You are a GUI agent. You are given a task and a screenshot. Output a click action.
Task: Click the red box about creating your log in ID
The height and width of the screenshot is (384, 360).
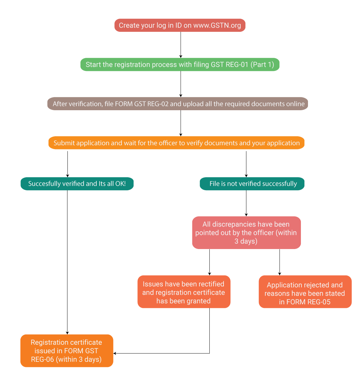180,25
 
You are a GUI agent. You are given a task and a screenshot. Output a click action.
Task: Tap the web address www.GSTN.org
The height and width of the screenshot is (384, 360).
217,26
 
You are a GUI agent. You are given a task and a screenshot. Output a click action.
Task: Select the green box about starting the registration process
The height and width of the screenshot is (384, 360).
180,65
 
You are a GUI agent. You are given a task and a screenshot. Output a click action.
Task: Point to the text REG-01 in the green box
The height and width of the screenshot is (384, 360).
237,65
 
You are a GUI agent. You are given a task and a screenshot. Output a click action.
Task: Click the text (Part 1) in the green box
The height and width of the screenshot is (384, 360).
262,65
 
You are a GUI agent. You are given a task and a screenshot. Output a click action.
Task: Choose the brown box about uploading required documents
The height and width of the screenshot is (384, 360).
178,104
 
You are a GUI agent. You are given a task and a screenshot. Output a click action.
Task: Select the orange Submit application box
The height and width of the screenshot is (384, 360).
176,143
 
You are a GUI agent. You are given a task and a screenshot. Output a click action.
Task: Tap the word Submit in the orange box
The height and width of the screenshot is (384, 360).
64,143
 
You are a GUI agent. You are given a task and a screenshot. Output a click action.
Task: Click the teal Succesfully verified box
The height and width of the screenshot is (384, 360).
77,184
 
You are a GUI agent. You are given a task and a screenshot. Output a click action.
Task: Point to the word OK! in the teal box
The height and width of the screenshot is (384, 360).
120,184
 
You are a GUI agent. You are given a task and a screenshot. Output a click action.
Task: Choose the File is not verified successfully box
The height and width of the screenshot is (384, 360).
252,184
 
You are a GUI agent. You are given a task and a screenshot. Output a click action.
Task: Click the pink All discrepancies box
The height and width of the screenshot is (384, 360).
246,233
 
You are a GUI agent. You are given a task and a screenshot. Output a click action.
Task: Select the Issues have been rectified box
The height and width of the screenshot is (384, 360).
184,292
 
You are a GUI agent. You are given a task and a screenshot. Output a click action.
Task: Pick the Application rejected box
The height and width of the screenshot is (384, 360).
305,292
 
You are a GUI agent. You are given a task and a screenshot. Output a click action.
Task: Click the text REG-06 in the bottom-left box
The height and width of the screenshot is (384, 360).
42,360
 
